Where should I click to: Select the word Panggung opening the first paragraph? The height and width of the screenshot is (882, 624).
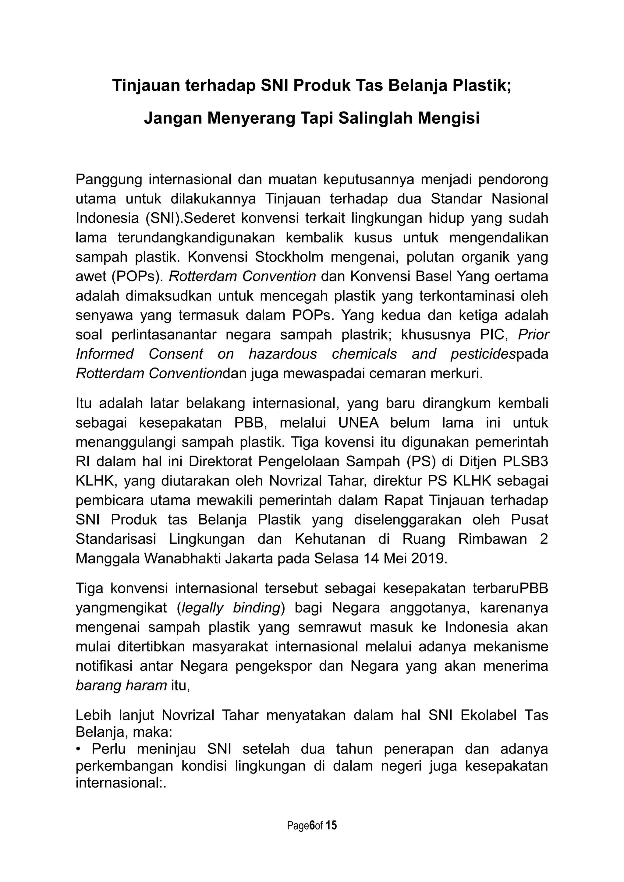[x=109, y=179]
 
